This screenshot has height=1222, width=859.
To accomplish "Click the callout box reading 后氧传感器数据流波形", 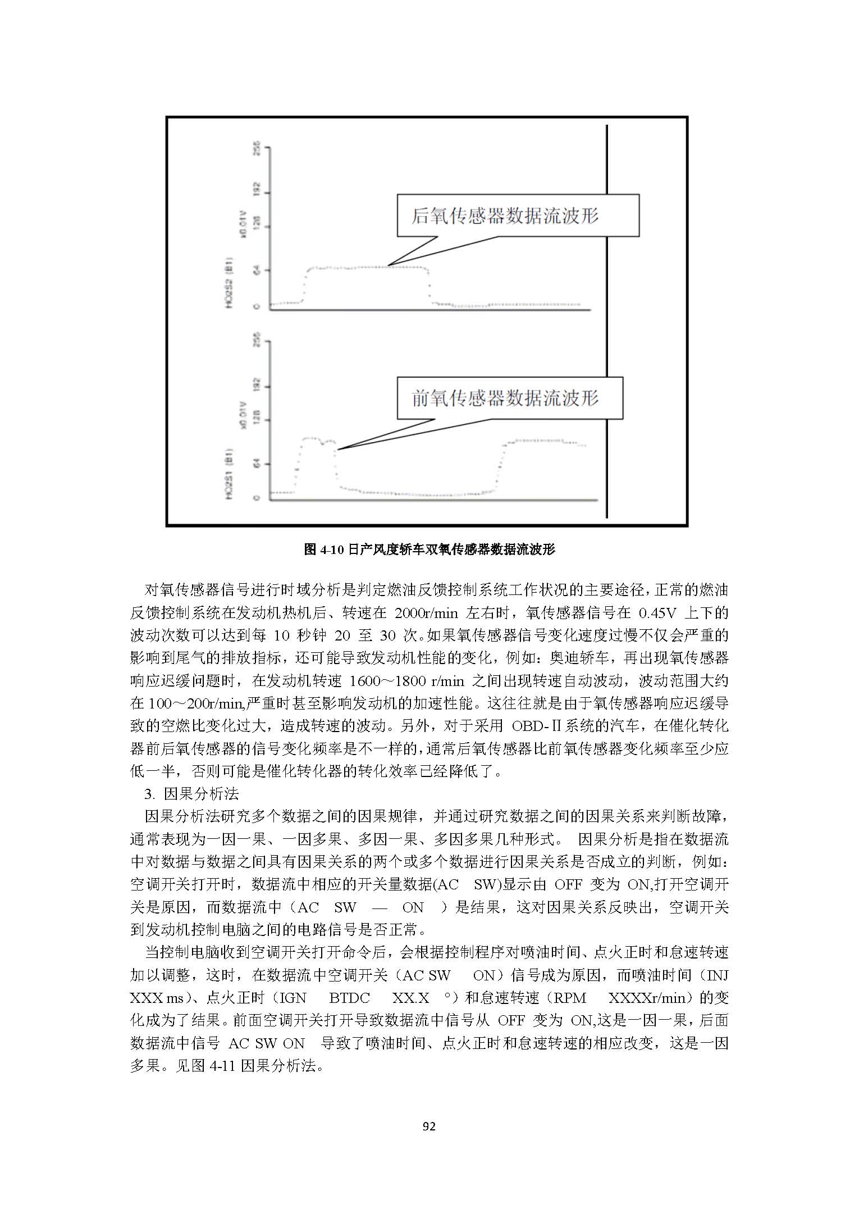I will [x=518, y=216].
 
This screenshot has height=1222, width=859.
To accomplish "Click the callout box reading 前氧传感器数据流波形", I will [x=509, y=398].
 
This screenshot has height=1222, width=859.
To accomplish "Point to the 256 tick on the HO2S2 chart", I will [x=257, y=148].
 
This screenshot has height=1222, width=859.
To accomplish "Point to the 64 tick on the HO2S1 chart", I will [x=257, y=464].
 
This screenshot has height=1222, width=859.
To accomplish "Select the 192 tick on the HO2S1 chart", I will [x=257, y=387].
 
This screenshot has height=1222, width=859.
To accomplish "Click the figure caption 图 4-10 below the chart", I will [x=429, y=549].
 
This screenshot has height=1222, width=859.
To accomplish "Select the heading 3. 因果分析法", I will [x=191, y=794].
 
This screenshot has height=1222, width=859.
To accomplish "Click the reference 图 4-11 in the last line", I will [x=214, y=1065].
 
